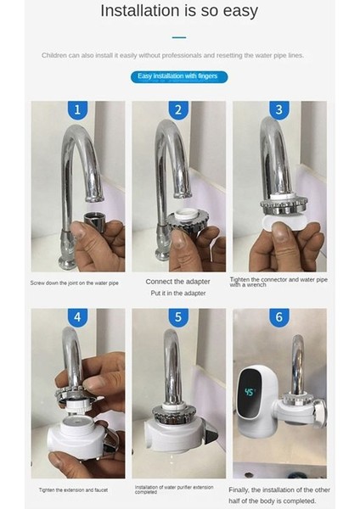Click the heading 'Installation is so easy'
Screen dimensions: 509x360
click(x=178, y=12)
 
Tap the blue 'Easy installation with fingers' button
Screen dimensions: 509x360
click(x=178, y=77)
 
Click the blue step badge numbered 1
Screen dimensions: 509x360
click(x=78, y=110)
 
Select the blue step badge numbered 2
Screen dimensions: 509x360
click(x=178, y=110)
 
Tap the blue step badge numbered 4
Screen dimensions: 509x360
click(x=78, y=318)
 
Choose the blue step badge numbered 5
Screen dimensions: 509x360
click(x=178, y=318)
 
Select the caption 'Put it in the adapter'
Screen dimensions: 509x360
click(x=178, y=293)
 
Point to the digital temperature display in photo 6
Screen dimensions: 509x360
click(x=251, y=394)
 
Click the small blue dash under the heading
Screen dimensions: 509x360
click(x=178, y=37)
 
